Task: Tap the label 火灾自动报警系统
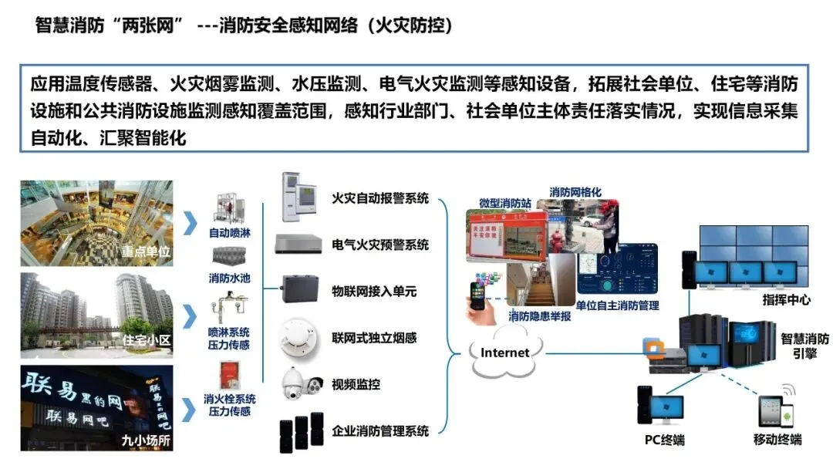[380, 198]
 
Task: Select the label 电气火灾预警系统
[380, 245]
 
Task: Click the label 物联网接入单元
[374, 292]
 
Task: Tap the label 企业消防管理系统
[380, 430]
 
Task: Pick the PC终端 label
[664, 440]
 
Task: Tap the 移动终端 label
[777, 440]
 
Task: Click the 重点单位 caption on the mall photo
[145, 251]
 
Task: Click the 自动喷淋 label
[230, 232]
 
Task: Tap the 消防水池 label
[230, 278]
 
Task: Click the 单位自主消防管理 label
[617, 305]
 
